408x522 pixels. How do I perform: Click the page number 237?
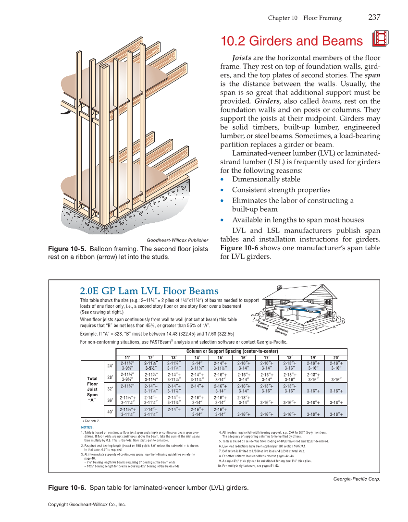pos(374,18)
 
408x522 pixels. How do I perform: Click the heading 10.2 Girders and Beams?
pos(291,41)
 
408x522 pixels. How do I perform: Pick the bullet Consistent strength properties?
pos(281,190)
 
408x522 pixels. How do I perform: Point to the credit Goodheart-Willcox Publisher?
pos(177,240)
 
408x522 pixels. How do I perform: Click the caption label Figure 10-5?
pos(67,249)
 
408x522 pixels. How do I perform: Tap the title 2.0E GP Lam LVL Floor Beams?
pos(149,291)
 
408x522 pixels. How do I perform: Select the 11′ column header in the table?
pos(127,358)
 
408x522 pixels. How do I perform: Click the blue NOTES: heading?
pos(87,427)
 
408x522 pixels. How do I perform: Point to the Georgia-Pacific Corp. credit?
pos(356,479)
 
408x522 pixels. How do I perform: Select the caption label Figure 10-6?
pos(67,488)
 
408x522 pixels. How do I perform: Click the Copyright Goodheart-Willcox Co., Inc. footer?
pos(87,505)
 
